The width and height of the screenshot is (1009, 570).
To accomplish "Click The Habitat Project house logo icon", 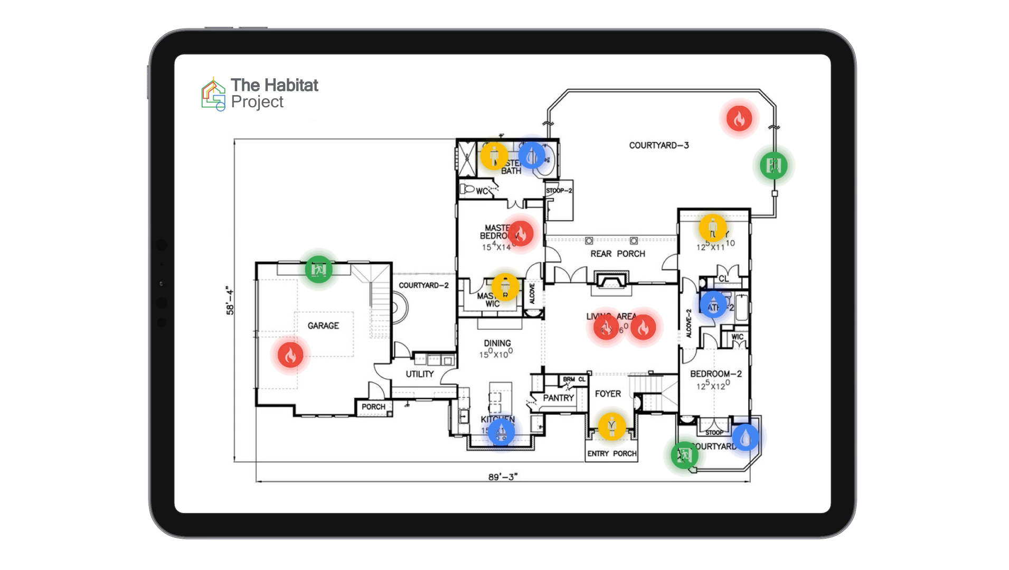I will (x=213, y=94).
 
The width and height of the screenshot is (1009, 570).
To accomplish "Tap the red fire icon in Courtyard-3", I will (x=739, y=119).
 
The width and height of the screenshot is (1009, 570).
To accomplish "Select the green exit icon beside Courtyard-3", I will (x=774, y=165).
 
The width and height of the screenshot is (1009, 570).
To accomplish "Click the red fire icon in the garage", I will (x=290, y=355).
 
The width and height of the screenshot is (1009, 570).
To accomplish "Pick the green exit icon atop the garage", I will (x=318, y=269).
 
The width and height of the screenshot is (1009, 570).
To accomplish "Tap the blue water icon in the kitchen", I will (x=501, y=432).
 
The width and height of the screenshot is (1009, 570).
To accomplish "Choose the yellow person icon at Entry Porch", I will (x=611, y=426).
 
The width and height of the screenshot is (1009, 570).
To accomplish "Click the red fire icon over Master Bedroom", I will (x=521, y=233).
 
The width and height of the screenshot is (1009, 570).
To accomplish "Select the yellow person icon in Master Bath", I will (x=494, y=156).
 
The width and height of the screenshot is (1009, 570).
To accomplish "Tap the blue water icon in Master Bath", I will (x=532, y=155).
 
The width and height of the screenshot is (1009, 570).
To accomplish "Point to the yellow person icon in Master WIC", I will (x=505, y=287).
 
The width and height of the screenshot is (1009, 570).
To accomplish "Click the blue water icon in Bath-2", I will (x=713, y=305).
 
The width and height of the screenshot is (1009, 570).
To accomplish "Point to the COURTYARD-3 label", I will (x=658, y=145).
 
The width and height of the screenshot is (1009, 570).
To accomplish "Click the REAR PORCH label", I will (x=617, y=254).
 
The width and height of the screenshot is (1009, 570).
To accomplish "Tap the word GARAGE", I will (x=323, y=326).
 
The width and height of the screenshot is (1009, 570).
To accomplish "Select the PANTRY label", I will (x=558, y=398).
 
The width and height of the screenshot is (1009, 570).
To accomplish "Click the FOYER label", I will (x=608, y=394).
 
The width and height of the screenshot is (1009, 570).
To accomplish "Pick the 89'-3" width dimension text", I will (x=503, y=477).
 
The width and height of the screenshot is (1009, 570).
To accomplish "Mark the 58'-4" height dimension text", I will (x=230, y=301).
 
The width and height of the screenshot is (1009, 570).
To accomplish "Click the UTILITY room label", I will (x=420, y=374).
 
